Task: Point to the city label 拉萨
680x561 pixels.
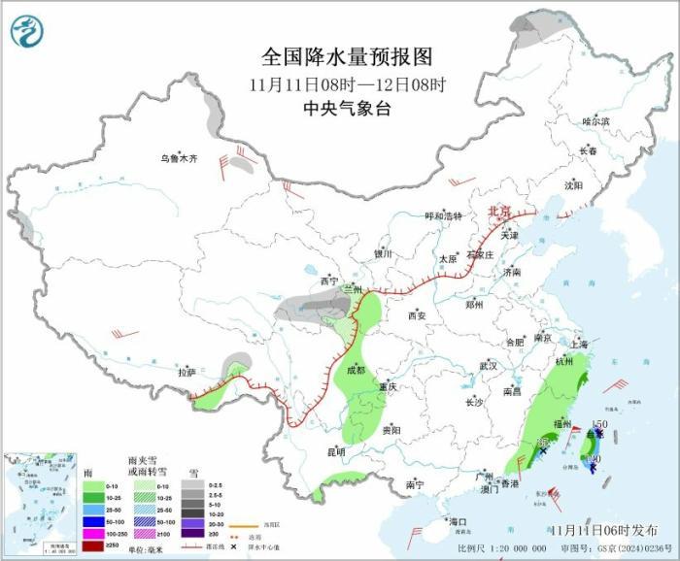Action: tap(187, 372)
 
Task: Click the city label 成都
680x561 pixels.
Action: tap(356, 370)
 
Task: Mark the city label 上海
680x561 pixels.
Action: tap(579, 344)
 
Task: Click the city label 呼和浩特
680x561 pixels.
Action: tap(444, 216)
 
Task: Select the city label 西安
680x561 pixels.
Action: tap(418, 315)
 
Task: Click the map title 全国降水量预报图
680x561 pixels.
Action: tap(347, 55)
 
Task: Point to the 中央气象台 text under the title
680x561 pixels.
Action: tap(347, 109)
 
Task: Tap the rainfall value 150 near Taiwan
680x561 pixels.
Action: tap(599, 424)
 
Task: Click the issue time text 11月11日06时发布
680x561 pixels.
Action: tap(601, 530)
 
